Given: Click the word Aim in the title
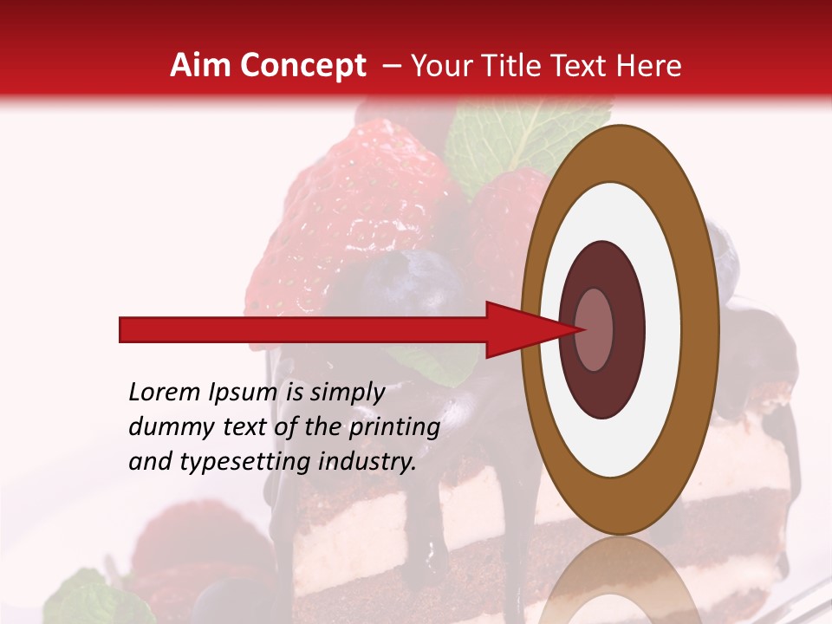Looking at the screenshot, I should click(x=201, y=66).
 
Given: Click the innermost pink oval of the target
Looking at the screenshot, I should click(x=595, y=329).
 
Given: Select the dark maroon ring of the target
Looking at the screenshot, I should click(x=602, y=381).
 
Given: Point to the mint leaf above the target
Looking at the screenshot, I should click(x=511, y=139).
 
